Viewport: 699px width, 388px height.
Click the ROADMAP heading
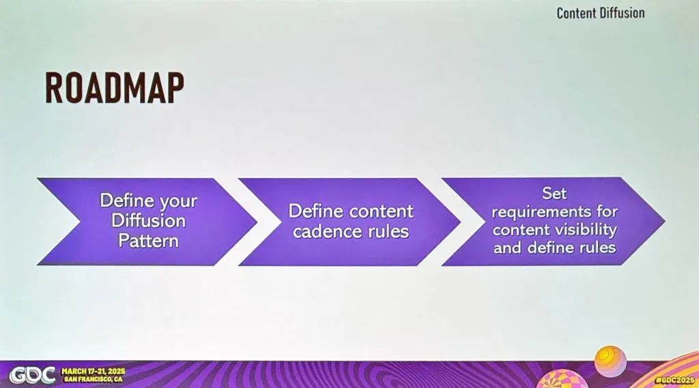pos(115,89)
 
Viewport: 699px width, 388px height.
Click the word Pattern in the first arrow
pos(148,241)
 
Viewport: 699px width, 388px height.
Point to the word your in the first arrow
pos(178,202)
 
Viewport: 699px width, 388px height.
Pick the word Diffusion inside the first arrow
pos(148,220)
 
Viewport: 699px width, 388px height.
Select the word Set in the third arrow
pos(554,194)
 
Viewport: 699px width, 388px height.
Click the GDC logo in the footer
pos(33,375)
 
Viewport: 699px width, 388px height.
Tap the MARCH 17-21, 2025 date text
pos(93,372)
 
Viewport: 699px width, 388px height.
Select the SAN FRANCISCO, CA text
pos(93,380)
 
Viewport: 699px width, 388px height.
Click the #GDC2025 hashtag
pos(675,380)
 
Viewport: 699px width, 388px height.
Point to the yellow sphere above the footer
pos(610,361)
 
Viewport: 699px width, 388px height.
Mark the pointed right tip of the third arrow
pos(665,221)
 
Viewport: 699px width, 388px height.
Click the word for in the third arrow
pos(607,211)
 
